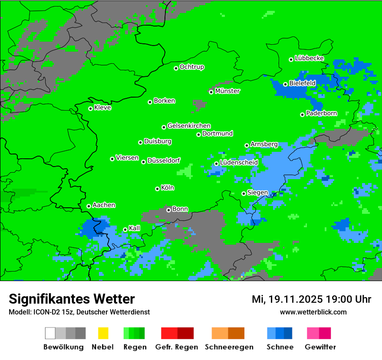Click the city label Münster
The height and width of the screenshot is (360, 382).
pyautogui.click(x=227, y=91)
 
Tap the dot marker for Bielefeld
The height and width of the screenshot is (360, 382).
pyautogui.click(x=285, y=84)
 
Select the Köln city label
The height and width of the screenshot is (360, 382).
pyautogui.click(x=168, y=188)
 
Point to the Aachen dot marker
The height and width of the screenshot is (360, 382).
pyautogui.click(x=89, y=206)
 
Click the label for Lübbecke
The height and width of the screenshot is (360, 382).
pyautogui.click(x=310, y=58)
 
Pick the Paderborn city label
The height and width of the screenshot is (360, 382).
pyautogui.click(x=322, y=114)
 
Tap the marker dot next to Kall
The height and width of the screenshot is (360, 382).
pyautogui.click(x=125, y=229)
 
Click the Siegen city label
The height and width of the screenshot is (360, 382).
pyautogui.click(x=258, y=193)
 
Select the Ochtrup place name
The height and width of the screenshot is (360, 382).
pyautogui.click(x=192, y=67)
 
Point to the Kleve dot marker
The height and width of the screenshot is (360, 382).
pyautogui.click(x=90, y=108)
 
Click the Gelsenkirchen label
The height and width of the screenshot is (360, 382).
pyautogui.click(x=189, y=126)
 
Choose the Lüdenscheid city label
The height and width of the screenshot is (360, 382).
pyautogui.click(x=239, y=163)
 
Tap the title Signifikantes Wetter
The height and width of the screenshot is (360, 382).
pyautogui.click(x=72, y=299)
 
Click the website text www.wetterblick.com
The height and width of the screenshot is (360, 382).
pyautogui.click(x=313, y=312)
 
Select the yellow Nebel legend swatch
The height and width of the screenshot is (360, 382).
pyautogui.click(x=103, y=333)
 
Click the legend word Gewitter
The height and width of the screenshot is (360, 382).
pyautogui.click(x=320, y=347)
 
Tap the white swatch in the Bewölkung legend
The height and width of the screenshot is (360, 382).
pyautogui.click(x=50, y=333)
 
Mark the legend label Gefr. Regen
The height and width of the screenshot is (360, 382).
pyautogui.click(x=177, y=347)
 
